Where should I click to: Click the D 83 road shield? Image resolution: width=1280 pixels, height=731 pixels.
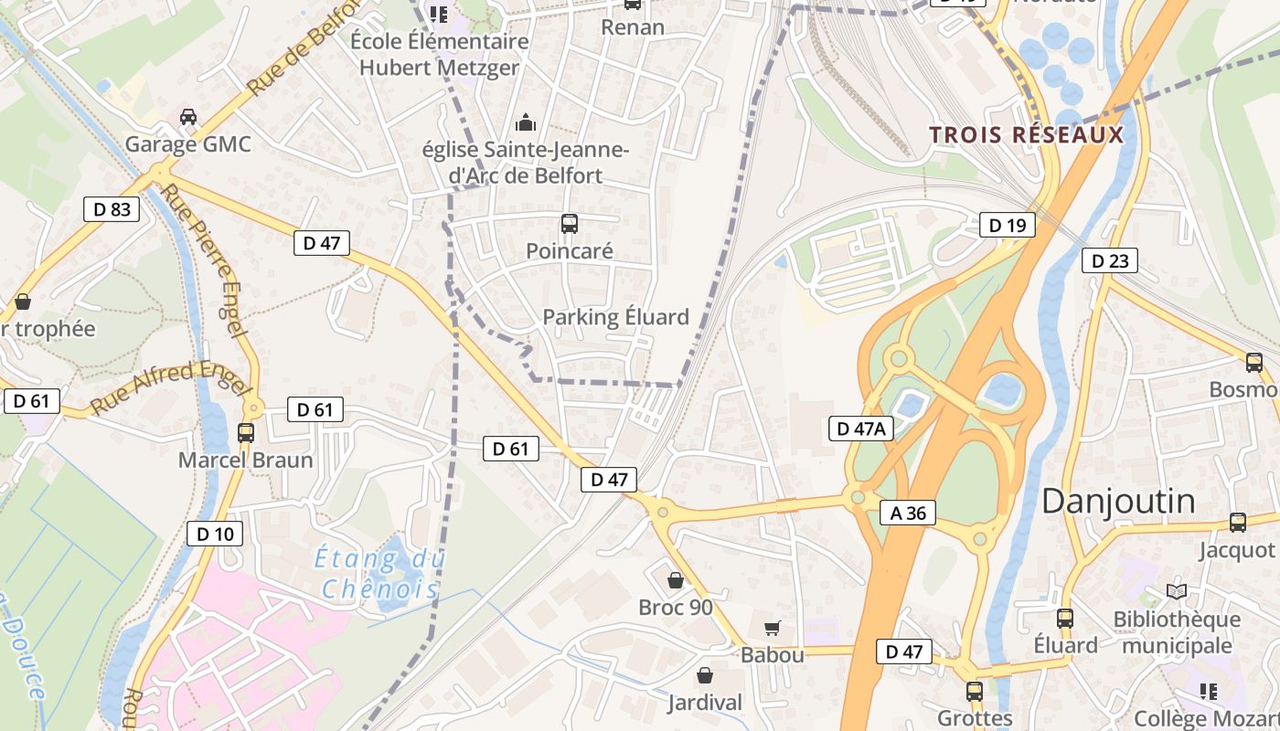click(x=112, y=209)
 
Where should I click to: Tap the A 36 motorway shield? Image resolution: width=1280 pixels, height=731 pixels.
click(x=908, y=513)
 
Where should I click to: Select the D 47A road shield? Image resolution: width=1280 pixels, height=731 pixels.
click(x=860, y=428)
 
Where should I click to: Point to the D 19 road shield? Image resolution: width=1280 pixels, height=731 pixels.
click(x=1008, y=225)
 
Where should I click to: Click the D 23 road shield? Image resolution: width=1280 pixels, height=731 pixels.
click(x=1110, y=260)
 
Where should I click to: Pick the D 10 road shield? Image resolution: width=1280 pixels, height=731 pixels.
click(x=215, y=534)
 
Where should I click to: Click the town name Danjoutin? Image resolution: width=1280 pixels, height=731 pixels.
click(x=1118, y=501)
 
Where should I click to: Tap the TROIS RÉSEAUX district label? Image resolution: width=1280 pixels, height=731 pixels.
click(x=1026, y=135)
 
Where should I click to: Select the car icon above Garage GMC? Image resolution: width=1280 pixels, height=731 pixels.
click(x=188, y=117)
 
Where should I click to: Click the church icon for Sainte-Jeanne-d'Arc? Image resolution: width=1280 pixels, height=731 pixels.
click(x=526, y=122)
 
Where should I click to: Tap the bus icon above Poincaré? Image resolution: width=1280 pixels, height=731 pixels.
click(x=569, y=223)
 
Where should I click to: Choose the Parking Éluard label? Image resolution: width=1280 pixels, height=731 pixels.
click(x=615, y=317)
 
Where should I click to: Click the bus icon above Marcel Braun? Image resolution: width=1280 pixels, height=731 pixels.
click(x=246, y=433)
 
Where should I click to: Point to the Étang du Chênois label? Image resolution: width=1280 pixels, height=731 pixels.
click(x=379, y=572)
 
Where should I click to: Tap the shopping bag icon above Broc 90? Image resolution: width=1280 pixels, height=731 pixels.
click(x=676, y=580)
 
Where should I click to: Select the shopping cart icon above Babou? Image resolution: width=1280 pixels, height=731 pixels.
click(x=773, y=628)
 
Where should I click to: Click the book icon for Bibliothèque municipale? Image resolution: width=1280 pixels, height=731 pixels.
click(x=1177, y=592)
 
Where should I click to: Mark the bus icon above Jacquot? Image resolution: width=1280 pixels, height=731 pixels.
click(x=1238, y=523)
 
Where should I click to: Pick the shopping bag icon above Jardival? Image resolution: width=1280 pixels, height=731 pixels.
click(x=705, y=676)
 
